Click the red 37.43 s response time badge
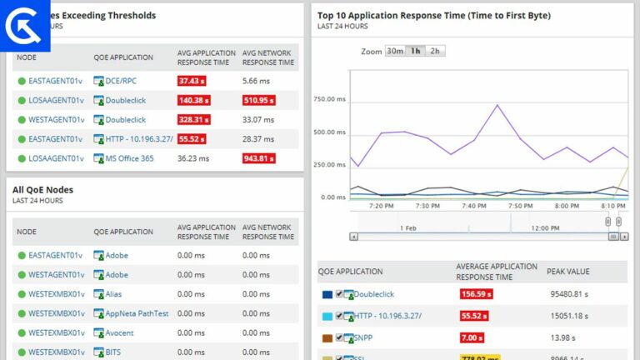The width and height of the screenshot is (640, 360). click(192, 81)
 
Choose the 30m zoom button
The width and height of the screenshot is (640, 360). click(395, 51)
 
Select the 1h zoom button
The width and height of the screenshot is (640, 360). click(415, 51)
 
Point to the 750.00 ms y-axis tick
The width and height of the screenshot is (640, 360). click(329, 99)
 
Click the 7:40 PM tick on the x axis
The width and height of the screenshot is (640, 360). click(473, 205)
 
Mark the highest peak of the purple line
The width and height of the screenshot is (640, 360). click(497, 105)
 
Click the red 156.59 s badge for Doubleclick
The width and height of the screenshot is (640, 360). click(477, 294)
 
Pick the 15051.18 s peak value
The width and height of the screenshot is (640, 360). click(570, 316)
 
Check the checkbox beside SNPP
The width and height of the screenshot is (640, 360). click(339, 337)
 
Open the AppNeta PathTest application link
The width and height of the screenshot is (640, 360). click(137, 313)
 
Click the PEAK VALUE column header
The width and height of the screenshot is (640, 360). click(568, 272)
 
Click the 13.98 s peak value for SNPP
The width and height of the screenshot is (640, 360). click(563, 337)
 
